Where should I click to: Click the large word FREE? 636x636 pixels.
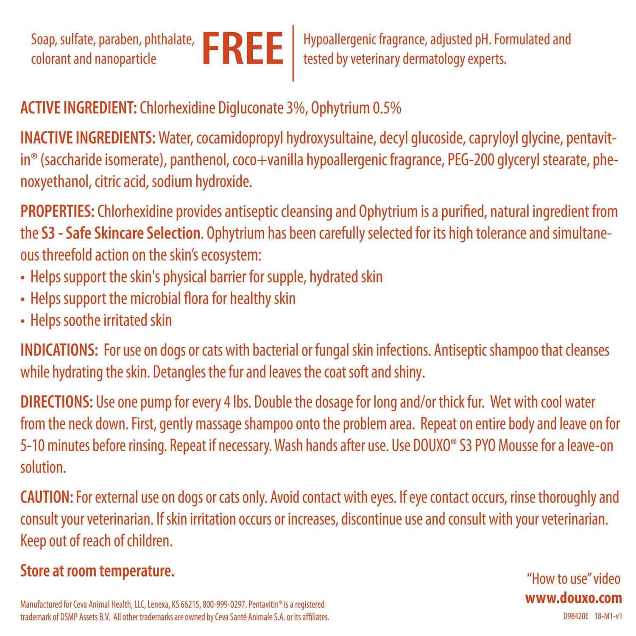243,49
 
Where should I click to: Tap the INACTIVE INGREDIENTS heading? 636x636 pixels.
88,138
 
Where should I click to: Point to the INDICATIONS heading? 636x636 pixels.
59,350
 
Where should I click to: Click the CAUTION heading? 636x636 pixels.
47,497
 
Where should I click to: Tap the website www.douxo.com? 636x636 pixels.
574,598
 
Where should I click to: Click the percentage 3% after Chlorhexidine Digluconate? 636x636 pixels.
295,108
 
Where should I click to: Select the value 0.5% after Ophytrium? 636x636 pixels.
386,108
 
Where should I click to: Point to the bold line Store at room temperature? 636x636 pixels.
98,571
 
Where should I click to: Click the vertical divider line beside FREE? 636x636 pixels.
293,53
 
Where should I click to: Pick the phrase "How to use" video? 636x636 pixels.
573,579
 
